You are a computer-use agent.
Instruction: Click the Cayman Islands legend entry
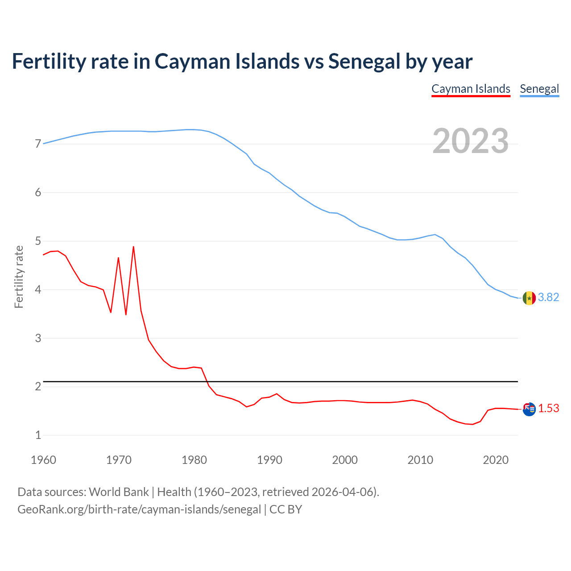471,89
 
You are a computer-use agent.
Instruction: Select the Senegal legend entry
539,89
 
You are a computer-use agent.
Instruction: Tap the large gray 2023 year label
471,141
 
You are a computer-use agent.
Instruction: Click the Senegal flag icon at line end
529,298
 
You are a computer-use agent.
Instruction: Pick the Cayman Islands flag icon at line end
529,409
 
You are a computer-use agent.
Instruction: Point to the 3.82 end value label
549,298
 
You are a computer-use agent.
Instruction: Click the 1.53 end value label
549,409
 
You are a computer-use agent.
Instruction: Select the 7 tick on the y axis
38,144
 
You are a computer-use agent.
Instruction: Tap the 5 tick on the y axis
38,241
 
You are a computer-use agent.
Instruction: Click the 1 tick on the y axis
38,435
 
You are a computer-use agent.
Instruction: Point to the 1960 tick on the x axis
43,460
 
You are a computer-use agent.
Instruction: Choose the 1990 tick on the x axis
269,460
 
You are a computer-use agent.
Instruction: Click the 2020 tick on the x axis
496,460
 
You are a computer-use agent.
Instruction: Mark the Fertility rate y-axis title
19,277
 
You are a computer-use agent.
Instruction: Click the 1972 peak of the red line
133,247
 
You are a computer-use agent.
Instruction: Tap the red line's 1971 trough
126,314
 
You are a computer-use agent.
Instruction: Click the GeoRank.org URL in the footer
139,509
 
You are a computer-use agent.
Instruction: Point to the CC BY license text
286,509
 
